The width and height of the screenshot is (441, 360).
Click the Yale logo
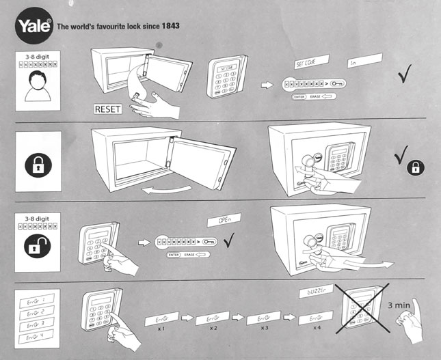[31, 28]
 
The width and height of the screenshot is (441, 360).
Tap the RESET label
[107, 109]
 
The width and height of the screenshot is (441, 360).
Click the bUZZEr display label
[315, 292]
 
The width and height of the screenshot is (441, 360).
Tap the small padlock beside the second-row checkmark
[415, 167]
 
